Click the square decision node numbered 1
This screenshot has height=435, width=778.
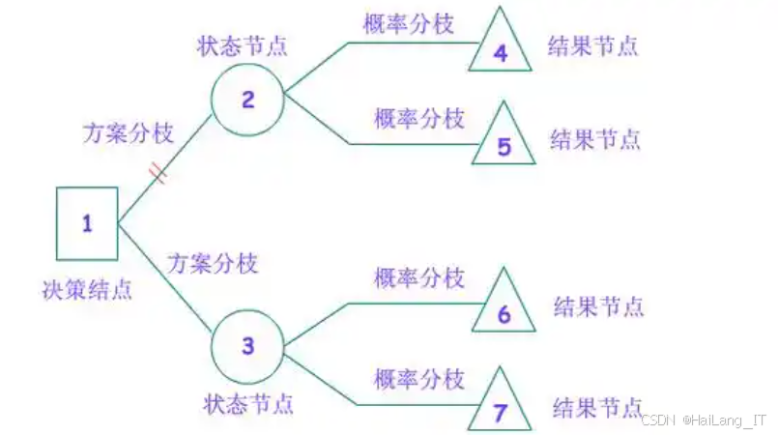coord(86,223)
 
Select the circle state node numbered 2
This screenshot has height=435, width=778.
coord(247,99)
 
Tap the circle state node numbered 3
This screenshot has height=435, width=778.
coord(247,345)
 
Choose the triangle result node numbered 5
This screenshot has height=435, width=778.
coord(503,140)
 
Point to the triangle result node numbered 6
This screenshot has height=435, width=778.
coord(503,308)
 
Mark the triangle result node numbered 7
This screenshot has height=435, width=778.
coord(500,406)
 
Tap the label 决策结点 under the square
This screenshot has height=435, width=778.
coord(87,288)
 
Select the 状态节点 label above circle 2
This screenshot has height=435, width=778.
coord(244,44)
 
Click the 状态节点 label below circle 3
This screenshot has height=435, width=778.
coord(248,400)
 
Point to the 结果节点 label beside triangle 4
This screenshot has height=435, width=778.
coord(593,44)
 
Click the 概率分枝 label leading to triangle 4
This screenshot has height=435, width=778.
coord(408,24)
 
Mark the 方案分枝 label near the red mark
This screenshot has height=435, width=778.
coord(128,132)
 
